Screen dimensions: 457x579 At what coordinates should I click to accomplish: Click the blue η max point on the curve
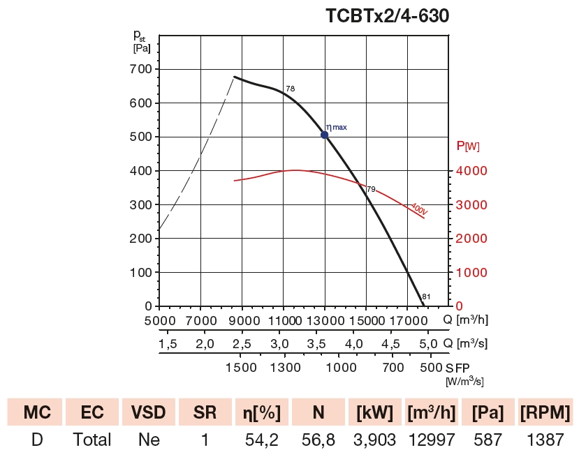click(325, 135)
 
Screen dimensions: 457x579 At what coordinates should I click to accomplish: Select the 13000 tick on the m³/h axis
click(324, 320)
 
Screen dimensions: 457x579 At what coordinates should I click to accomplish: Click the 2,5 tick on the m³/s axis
click(242, 344)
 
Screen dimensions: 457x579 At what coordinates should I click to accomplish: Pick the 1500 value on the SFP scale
click(241, 367)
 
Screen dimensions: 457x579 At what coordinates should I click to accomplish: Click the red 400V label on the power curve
click(418, 209)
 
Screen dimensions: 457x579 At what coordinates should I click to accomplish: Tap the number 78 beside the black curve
click(291, 89)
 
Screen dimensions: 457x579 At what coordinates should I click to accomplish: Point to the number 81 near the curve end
click(426, 297)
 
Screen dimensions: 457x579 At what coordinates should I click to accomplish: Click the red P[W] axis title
click(467, 146)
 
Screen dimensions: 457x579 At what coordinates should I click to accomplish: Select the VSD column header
click(148, 412)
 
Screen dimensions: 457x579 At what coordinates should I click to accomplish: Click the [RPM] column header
click(545, 412)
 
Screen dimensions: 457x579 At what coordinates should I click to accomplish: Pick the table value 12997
click(432, 440)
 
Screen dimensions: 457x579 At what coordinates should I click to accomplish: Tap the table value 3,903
click(375, 440)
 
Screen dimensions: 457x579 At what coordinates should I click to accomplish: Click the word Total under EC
click(92, 440)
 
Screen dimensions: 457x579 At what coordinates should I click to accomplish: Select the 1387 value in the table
click(545, 440)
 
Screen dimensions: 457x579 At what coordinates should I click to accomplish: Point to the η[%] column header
click(262, 412)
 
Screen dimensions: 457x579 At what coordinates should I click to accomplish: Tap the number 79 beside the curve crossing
click(371, 189)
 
